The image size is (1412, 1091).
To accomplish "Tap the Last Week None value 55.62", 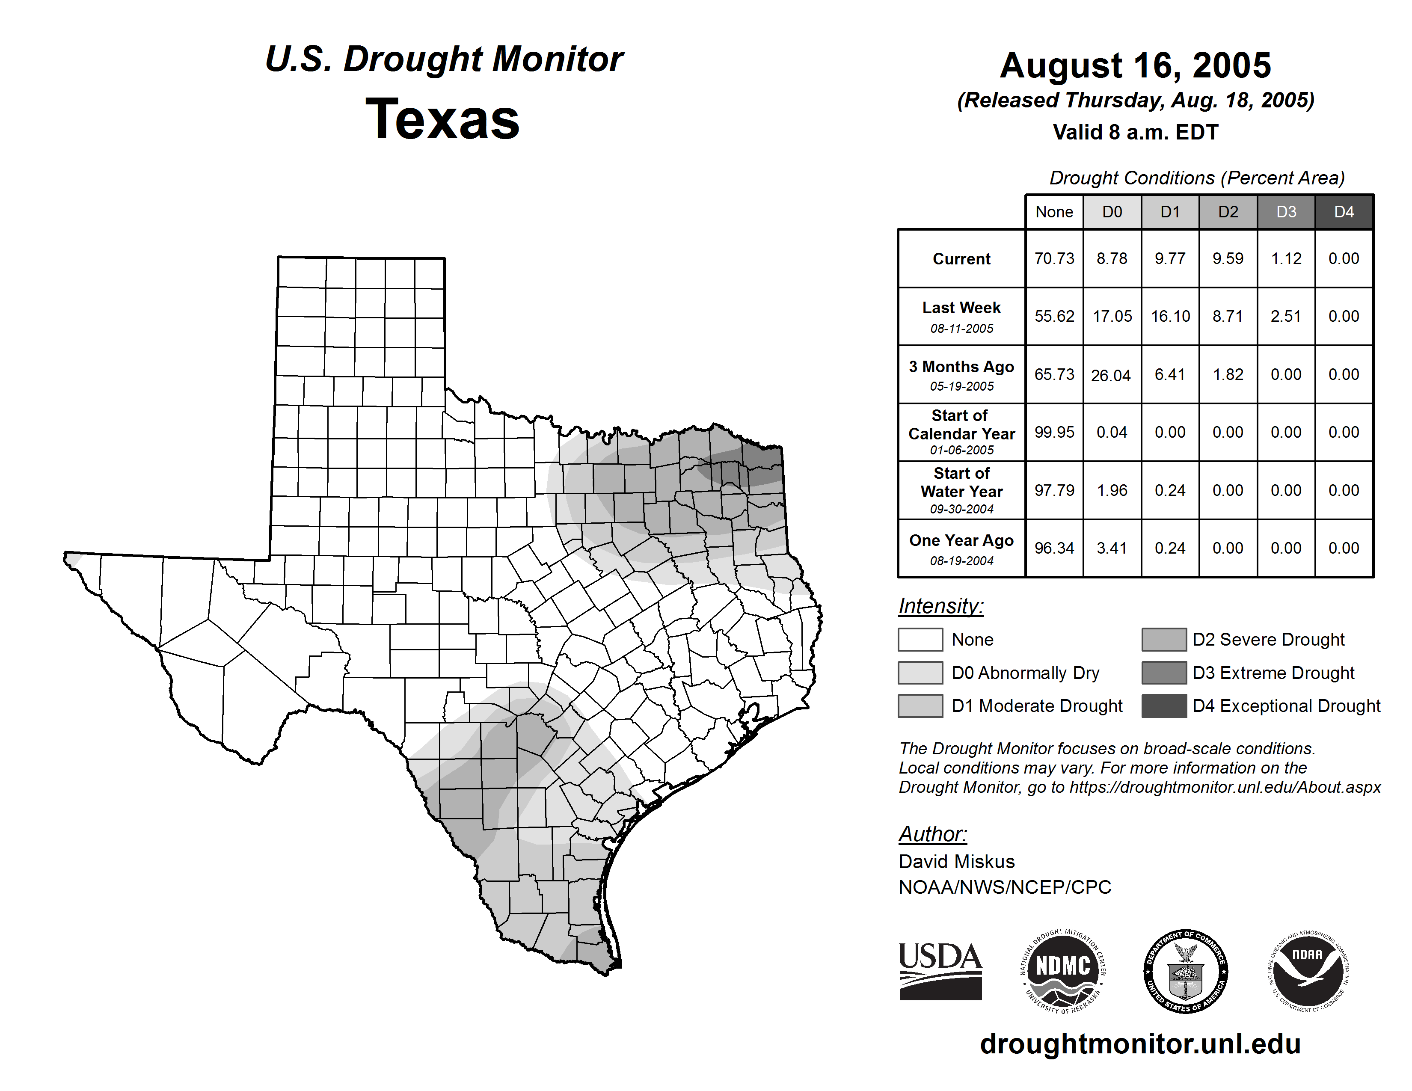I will pos(1054,316).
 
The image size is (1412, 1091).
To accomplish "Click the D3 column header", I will pos(1286,212).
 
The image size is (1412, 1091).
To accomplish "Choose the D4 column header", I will pos(1344,212).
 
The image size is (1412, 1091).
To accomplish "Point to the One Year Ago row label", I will pos(961,548).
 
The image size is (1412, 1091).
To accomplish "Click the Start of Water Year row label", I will pos(961,490).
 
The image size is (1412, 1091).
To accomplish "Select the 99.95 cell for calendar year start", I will pos(1054,432).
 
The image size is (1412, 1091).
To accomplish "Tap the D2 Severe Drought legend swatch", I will pos(1164,639).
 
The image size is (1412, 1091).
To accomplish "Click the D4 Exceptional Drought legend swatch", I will pos(1164,706).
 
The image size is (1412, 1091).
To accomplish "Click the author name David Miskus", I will pos(956,862).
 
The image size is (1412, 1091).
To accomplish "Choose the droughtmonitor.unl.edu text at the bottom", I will pos(1140,1044).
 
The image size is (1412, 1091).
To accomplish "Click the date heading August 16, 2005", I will pos(1135,65).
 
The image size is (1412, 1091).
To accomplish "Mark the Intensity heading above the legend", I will pos(940,606).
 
